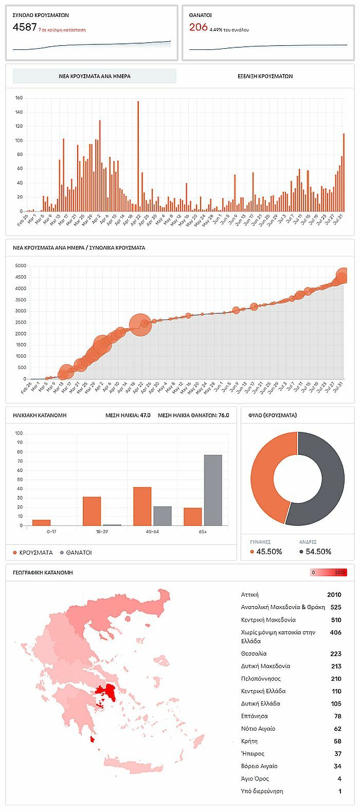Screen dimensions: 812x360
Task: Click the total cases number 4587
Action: tap(25, 27)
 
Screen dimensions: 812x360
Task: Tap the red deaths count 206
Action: tap(198, 27)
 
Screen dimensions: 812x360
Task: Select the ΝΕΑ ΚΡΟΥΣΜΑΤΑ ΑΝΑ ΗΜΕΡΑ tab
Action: tap(95, 76)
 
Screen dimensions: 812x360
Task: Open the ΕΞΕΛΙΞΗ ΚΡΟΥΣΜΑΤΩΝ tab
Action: tap(265, 76)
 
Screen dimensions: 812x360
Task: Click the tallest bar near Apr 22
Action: tap(138, 154)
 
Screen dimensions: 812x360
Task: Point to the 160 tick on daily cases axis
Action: tap(19, 98)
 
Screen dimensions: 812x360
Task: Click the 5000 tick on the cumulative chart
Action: tap(20, 266)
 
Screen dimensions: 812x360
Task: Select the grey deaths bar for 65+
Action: tap(213, 490)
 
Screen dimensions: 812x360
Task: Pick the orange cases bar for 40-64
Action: tap(142, 506)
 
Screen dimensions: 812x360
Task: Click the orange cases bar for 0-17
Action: tap(41, 523)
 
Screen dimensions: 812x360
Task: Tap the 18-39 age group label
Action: tap(102, 532)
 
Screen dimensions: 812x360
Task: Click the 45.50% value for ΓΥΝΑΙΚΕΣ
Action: tap(269, 552)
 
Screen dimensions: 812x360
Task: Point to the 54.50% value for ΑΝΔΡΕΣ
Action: tap(318, 552)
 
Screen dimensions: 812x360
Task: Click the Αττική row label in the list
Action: tap(250, 595)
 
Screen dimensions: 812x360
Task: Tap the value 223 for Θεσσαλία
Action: tap(335, 654)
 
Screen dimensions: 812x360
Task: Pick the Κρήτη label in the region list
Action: tap(249, 741)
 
